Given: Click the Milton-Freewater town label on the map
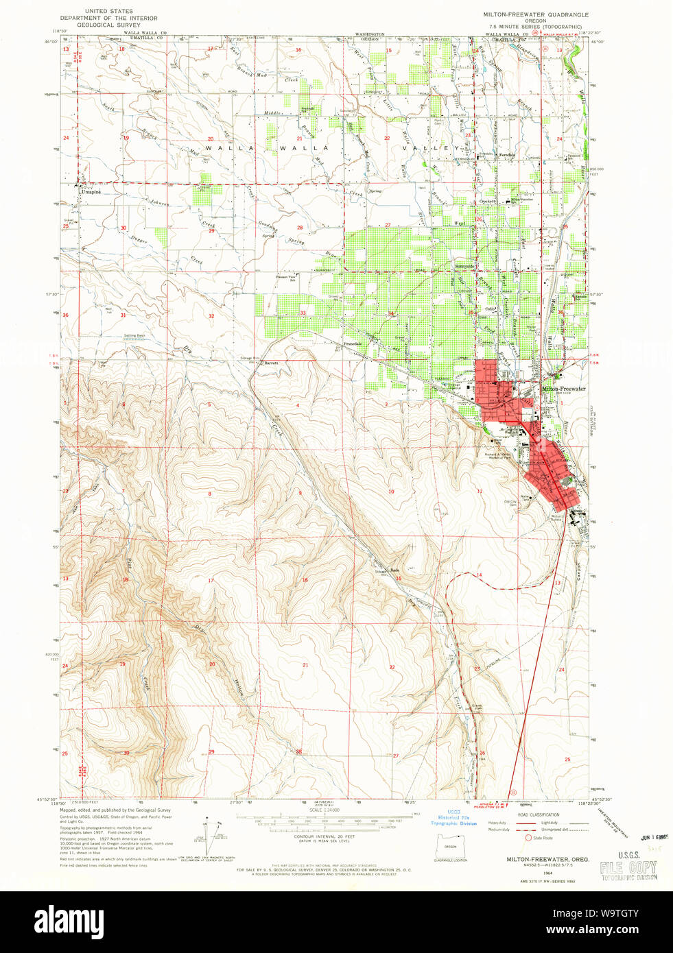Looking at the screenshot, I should [x=564, y=389].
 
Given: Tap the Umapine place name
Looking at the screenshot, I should [x=91, y=192].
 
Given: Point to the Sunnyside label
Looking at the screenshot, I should [x=466, y=266].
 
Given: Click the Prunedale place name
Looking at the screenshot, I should [x=353, y=343].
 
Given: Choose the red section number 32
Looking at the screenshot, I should [x=211, y=316].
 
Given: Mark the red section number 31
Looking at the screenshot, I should [x=123, y=315].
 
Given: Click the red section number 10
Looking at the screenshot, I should [x=391, y=492].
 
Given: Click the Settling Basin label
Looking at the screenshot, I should [x=134, y=336].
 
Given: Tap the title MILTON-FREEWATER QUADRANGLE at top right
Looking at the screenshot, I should [x=535, y=14].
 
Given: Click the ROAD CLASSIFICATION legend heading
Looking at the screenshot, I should [x=538, y=815].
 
